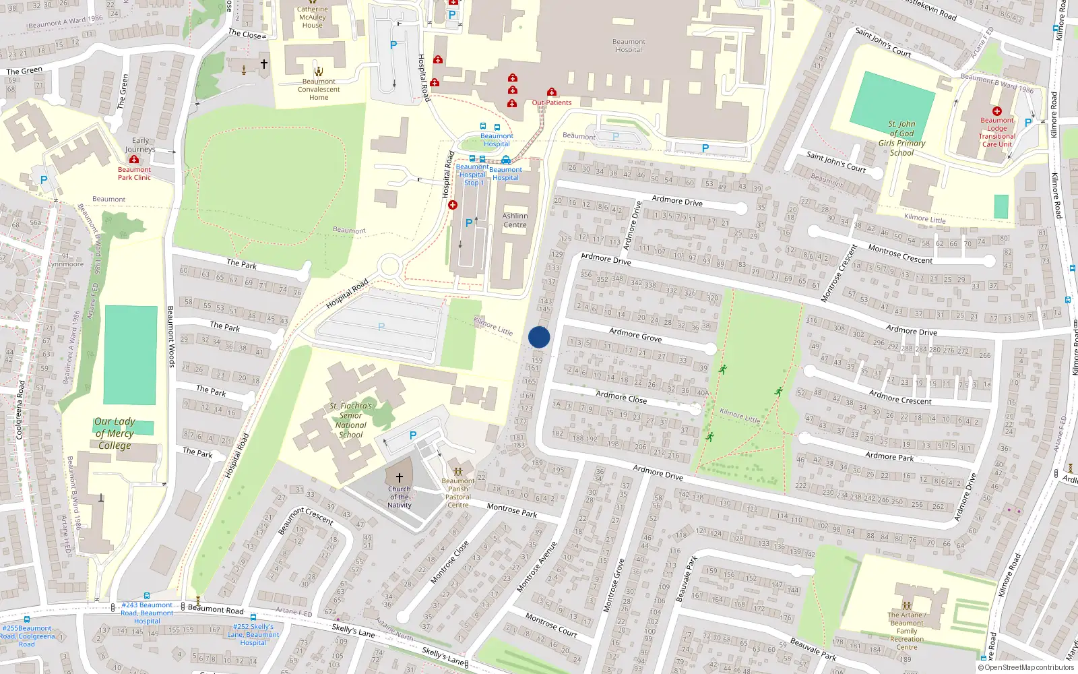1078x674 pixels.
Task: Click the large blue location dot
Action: click(539, 337)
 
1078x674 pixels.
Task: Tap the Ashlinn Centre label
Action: click(515, 220)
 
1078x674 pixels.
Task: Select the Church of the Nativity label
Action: click(400, 497)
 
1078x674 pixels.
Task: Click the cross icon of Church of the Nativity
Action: click(400, 478)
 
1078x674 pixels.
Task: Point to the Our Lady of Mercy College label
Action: click(115, 433)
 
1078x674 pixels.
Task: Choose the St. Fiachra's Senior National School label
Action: click(350, 420)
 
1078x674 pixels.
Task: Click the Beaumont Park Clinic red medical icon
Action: click(134, 160)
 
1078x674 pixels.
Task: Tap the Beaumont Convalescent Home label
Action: click(319, 89)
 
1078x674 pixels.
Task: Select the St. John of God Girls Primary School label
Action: click(901, 138)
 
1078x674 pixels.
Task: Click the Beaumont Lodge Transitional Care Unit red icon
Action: click(997, 111)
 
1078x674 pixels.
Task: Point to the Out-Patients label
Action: click(552, 103)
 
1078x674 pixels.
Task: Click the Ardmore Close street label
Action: click(621, 397)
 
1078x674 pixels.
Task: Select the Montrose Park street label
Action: click(512, 510)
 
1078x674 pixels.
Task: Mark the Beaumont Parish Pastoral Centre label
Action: click(458, 493)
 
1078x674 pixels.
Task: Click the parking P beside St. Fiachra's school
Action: click(413, 435)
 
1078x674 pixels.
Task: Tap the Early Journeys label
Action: click(140, 145)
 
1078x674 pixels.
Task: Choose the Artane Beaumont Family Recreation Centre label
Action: click(907, 631)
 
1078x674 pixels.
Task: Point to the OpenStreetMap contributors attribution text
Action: click(1026, 668)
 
